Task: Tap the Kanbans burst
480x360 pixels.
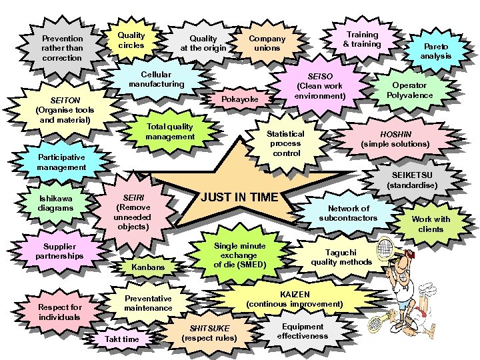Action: pyautogui.click(x=148, y=267)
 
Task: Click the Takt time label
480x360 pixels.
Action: pyautogui.click(x=122, y=339)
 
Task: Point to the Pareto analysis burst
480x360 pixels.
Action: pyautogui.click(x=435, y=51)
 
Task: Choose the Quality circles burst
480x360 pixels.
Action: pyautogui.click(x=131, y=40)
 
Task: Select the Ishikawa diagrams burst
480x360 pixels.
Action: pyautogui.click(x=56, y=203)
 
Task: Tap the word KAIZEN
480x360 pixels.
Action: pyautogui.click(x=295, y=294)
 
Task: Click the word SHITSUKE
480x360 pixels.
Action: pyautogui.click(x=209, y=328)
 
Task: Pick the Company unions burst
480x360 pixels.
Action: pyautogui.click(x=267, y=43)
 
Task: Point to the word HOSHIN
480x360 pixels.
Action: pyautogui.click(x=395, y=133)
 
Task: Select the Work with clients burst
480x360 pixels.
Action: pyautogui.click(x=431, y=224)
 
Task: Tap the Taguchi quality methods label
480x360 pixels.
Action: pyautogui.click(x=341, y=257)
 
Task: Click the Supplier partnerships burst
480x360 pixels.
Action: pyautogui.click(x=59, y=251)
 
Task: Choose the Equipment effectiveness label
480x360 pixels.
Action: pyautogui.click(x=302, y=331)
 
